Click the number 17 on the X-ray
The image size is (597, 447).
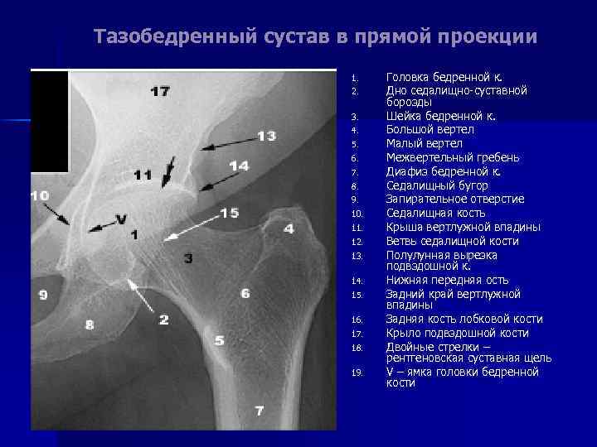point(159,90)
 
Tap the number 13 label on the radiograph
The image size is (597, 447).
point(266,136)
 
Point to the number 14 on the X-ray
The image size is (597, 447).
point(239,166)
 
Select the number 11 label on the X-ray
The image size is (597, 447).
point(143,175)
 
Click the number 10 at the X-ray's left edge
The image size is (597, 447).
point(40,195)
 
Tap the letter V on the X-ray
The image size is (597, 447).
point(121,219)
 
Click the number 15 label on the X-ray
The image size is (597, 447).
point(229,213)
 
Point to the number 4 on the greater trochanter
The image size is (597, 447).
point(289,228)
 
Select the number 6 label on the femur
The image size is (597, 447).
point(245,293)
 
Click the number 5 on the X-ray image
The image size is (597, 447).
point(219,340)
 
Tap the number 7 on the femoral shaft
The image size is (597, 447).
point(260,411)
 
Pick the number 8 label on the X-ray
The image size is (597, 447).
point(89,324)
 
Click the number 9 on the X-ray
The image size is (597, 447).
point(42,294)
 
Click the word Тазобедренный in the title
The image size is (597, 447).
point(157,37)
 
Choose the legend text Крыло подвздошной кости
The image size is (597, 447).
point(457,333)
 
